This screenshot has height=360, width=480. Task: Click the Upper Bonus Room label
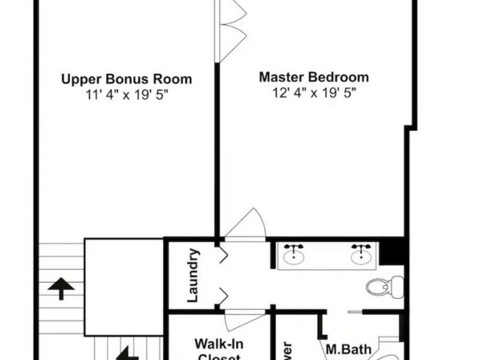(126, 79)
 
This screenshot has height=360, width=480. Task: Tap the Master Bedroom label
(314, 77)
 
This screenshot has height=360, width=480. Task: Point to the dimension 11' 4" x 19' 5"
(126, 95)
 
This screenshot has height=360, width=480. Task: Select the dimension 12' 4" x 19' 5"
(314, 93)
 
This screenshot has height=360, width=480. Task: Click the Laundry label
(194, 275)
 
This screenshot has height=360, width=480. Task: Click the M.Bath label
(348, 350)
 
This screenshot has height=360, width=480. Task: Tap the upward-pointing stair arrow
(61, 289)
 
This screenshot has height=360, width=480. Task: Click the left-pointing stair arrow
(126, 353)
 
